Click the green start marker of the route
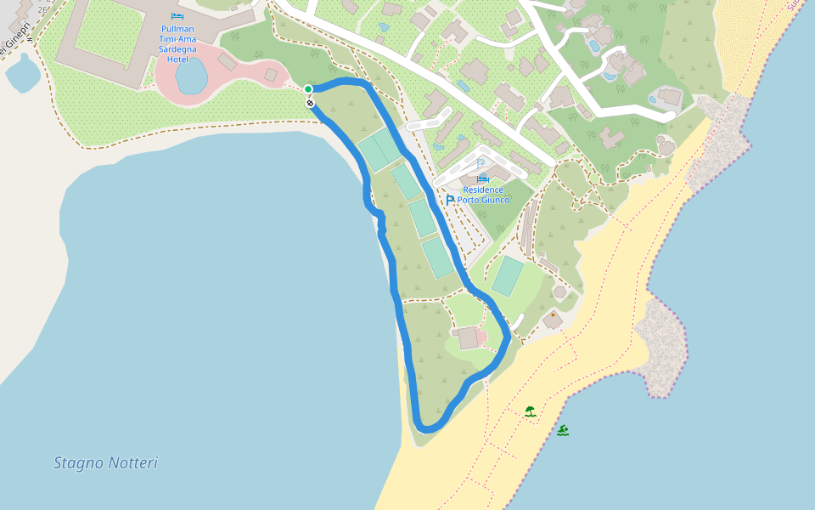click(x=308, y=89)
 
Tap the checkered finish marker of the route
click(x=311, y=103)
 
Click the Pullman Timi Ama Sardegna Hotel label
click(x=178, y=43)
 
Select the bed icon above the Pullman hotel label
click(x=177, y=16)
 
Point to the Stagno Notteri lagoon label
click(x=105, y=463)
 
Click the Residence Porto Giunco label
click(x=483, y=195)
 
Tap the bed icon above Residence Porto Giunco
click(x=482, y=178)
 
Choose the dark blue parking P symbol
click(x=449, y=201)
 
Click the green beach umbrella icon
click(x=531, y=411)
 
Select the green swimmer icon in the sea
click(x=563, y=430)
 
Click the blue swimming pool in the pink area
click(x=191, y=76)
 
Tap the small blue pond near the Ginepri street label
click(x=22, y=74)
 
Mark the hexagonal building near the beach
click(x=559, y=292)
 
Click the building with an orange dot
click(x=553, y=320)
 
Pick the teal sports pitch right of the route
click(x=508, y=275)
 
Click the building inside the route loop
click(x=468, y=337)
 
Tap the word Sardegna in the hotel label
click(x=177, y=48)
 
